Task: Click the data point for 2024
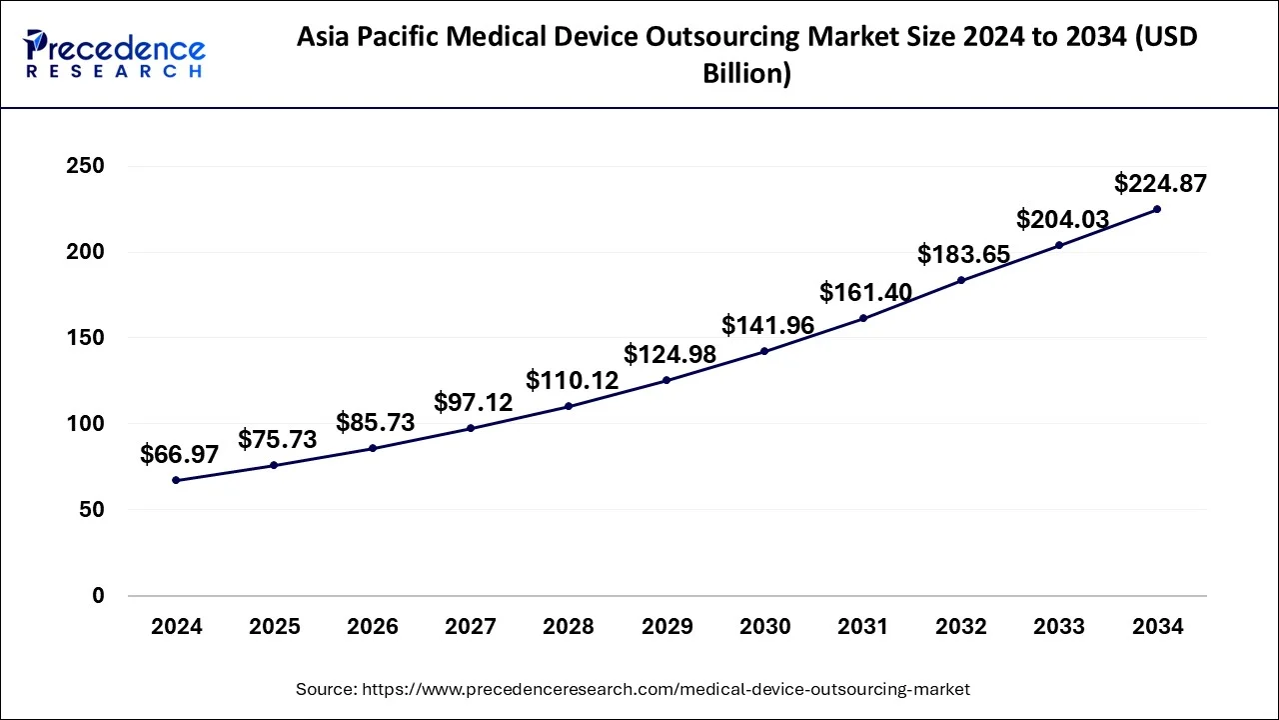pyautogui.click(x=177, y=480)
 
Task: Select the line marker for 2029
pyautogui.click(x=666, y=380)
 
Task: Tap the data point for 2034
pyautogui.click(x=1157, y=209)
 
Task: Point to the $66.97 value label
pyautogui.click(x=180, y=454)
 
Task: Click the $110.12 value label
pyautogui.click(x=573, y=380)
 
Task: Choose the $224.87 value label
pyautogui.click(x=1160, y=183)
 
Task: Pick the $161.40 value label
pyautogui.click(x=866, y=292)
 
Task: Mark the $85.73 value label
pyautogui.click(x=376, y=422)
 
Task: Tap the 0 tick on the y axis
pyautogui.click(x=98, y=596)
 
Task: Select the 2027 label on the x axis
pyautogui.click(x=471, y=627)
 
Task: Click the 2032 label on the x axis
pyautogui.click(x=961, y=627)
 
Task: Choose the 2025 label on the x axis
pyautogui.click(x=275, y=627)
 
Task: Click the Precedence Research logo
pyautogui.click(x=115, y=53)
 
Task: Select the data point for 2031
pyautogui.click(x=863, y=318)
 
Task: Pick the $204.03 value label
pyautogui.click(x=1063, y=219)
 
